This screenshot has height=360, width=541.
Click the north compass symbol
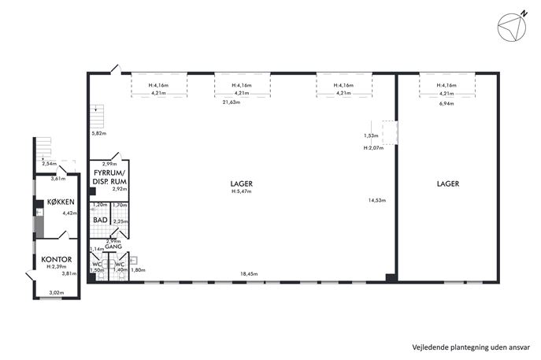click(512, 26)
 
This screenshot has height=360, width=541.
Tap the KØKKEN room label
click(61, 202)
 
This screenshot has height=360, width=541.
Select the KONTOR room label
click(57, 259)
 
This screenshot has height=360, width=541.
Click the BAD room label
click(100, 220)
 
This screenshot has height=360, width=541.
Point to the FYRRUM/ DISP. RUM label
click(109, 177)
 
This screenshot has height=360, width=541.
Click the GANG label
click(113, 247)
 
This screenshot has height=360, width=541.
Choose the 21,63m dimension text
click(232, 102)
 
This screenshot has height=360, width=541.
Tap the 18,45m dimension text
click(249, 274)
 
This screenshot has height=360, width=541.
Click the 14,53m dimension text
click(376, 200)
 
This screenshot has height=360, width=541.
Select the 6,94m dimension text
click(447, 103)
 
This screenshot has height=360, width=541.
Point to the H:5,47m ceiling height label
click(242, 191)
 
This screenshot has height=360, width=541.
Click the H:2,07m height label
click(373, 148)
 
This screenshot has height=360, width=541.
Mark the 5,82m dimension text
click(98, 133)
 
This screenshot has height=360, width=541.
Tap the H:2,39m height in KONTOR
click(57, 266)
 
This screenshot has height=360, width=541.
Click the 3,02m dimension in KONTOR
click(57, 293)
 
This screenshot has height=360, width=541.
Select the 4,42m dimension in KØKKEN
click(70, 213)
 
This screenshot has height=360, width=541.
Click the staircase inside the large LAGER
click(97, 116)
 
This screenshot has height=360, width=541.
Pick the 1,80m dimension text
click(138, 270)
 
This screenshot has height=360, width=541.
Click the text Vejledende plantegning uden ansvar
click(471, 347)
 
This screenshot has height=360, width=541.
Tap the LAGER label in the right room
click(448, 184)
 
